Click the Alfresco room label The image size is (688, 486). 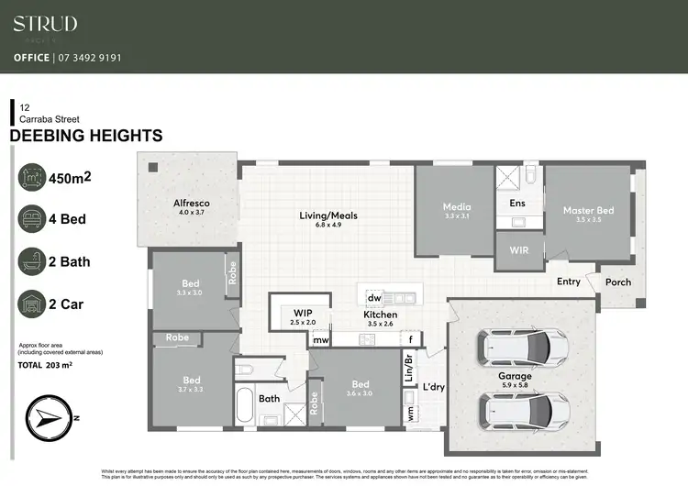pos(193,203)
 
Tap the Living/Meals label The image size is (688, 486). pos(328,216)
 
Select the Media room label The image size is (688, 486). pos(457,207)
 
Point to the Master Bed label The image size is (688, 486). pos(588,211)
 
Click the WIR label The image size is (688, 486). pos(518,249)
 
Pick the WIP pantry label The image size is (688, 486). pos(304,313)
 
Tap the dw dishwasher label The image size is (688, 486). pos(374,298)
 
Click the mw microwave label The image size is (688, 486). pos(321,340)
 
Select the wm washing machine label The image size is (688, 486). pos(409,412)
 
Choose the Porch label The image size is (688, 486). pos(618,282)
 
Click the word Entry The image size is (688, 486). pos(569,282)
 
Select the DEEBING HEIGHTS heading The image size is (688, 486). pos(85,137)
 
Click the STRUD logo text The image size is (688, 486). pos(45,24)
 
